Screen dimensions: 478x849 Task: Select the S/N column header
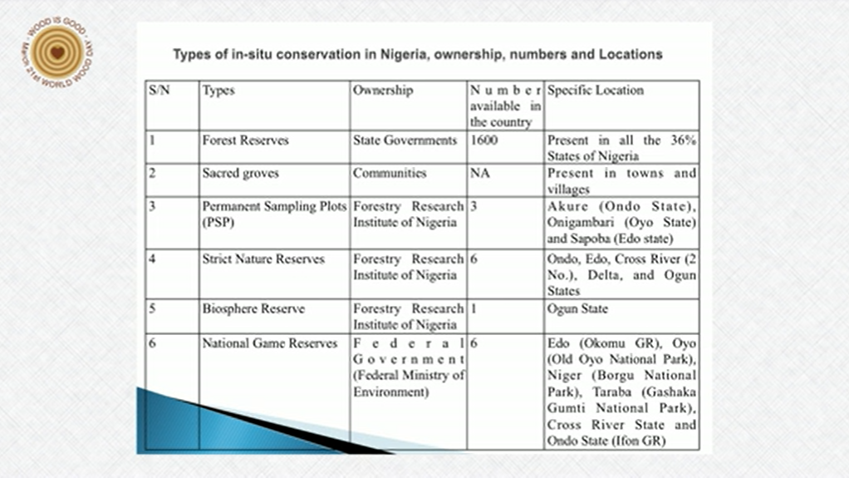pos(159,90)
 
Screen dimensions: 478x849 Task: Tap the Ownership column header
pos(382,90)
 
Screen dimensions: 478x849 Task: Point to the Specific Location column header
pos(595,90)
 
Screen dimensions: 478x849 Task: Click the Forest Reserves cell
pos(245,140)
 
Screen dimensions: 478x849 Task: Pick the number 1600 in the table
pos(483,140)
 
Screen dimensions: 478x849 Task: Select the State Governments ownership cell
pos(405,140)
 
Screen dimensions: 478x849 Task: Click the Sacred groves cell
pos(240,174)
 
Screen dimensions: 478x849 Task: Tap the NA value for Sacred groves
pos(478,174)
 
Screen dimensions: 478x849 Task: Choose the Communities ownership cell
pos(390,174)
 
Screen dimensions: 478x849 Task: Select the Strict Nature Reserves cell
pos(263,259)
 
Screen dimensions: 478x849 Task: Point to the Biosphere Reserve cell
pos(253,309)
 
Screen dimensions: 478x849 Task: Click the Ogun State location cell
pos(577,309)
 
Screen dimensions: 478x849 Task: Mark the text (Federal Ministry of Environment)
pos(408,383)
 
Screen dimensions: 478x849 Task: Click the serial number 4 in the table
pos(153,259)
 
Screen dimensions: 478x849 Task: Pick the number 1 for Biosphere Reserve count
pos(473,309)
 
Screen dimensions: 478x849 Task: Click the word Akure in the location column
pos(568,206)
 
